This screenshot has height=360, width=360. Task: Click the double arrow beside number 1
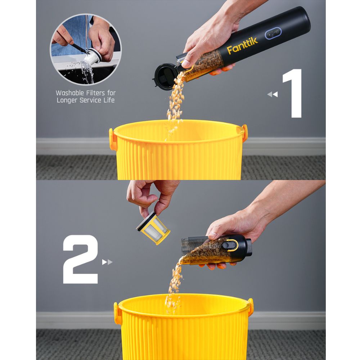(x=273, y=94)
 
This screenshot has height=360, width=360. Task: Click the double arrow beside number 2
(x=107, y=262)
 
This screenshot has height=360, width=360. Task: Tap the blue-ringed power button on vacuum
(x=273, y=33)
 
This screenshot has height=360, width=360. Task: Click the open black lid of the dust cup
(x=165, y=76)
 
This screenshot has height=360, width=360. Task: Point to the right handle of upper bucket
(x=244, y=132)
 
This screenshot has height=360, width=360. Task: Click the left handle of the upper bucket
(x=113, y=139)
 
